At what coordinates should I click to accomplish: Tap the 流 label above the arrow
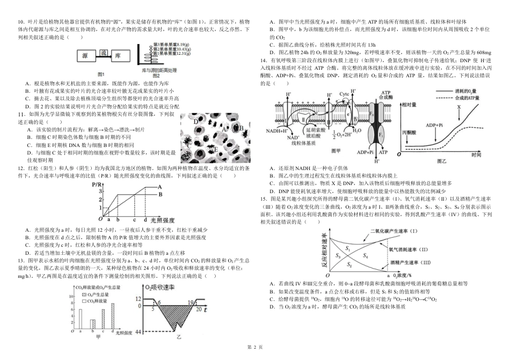coord(104,52)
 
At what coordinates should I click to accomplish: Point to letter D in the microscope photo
coord(196,121)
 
